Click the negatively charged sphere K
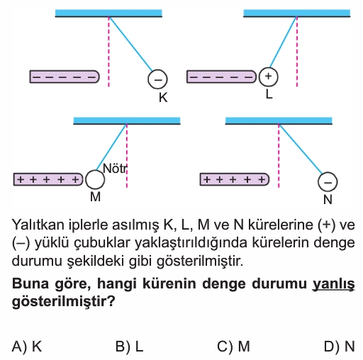pos(157,79)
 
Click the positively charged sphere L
pos(268,77)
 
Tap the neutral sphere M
pos(95,179)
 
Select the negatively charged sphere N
pos(328,181)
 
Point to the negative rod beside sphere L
pos(221,77)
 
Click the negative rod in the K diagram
pos(65,77)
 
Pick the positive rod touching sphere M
pos(48,179)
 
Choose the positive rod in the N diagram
pos(235,179)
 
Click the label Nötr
pos(115,169)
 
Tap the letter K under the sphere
pos(163,97)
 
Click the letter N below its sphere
pos(328,200)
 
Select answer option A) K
pos(27,347)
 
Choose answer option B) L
pos(130,347)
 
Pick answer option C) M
pos(233,347)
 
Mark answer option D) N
pos(340,347)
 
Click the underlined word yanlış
pos(334,283)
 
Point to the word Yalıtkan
pos(38,225)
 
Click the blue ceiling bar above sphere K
pos(108,13)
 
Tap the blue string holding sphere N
pos(301,149)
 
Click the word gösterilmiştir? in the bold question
pos(63,301)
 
